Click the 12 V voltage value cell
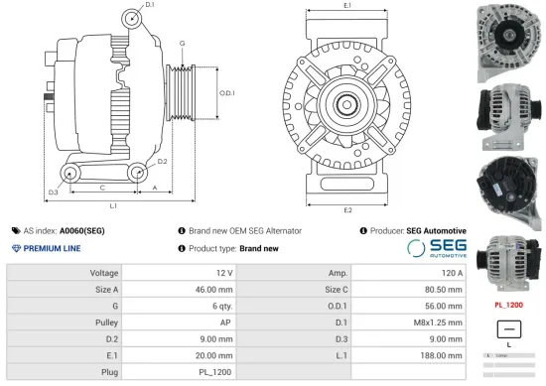coord(223,272)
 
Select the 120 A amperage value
coord(452,272)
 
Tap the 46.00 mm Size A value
coord(214,290)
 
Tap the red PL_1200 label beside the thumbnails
coord(507,306)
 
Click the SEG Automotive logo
coord(437,248)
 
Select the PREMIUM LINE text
coord(52,248)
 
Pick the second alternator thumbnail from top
coord(507,112)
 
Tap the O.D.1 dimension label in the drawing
coord(226,94)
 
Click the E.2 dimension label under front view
coord(347,210)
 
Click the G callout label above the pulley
coord(182,45)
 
